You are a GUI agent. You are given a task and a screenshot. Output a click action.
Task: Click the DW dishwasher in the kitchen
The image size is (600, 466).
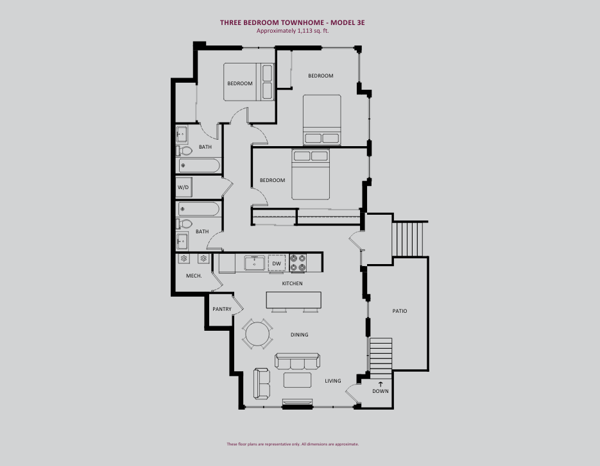[277, 263]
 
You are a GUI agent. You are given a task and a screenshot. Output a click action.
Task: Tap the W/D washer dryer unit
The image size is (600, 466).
[184, 187]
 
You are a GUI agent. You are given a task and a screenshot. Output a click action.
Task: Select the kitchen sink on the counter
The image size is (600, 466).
[255, 263]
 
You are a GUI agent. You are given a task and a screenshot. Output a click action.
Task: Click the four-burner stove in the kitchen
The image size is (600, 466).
[298, 263]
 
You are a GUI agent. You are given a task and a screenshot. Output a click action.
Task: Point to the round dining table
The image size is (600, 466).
[257, 334]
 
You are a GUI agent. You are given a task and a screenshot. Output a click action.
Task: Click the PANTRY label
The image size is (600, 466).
[222, 309]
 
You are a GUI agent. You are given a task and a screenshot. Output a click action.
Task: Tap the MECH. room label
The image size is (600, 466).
[194, 276]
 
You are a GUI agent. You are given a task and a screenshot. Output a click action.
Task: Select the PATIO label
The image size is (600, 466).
[400, 311]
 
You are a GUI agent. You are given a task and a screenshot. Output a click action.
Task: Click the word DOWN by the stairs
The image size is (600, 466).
[381, 391]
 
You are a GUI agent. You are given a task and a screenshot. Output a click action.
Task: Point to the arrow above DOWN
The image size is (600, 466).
[381, 384]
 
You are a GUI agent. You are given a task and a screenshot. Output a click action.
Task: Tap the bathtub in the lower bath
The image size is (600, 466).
[198, 209]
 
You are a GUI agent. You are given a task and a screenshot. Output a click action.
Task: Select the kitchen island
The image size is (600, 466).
[293, 300]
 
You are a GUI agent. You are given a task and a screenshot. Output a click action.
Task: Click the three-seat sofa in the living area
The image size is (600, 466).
[297, 361]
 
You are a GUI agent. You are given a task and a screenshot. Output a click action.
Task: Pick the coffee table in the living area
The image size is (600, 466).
[297, 380]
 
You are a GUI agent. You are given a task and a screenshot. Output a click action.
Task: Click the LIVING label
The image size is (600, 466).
[333, 381]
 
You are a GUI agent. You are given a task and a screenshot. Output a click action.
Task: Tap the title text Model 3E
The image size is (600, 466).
[347, 22]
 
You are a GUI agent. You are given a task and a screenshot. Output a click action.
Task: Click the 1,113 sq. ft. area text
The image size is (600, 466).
[313, 31]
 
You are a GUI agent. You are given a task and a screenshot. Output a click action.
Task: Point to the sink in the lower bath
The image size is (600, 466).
[182, 241]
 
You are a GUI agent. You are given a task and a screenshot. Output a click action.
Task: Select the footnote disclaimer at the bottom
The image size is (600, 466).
[293, 444]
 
